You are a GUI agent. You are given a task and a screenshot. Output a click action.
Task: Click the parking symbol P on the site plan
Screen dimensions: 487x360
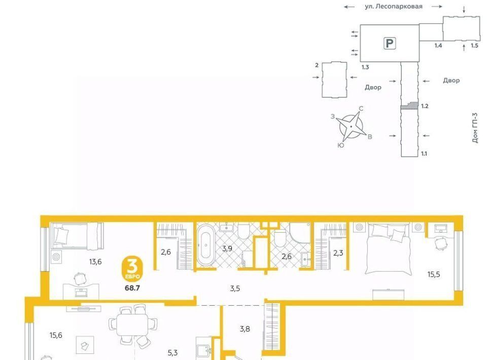click(390, 43)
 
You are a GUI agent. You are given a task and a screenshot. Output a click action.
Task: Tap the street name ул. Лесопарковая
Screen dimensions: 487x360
click(394, 6)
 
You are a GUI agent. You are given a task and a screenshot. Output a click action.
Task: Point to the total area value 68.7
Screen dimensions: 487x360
click(132, 288)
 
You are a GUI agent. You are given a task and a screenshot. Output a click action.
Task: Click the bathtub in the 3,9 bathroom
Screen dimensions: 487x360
click(205, 245)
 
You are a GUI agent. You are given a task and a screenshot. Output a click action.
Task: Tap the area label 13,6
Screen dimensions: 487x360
click(95, 262)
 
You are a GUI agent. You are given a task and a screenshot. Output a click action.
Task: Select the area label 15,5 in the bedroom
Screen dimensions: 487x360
click(434, 274)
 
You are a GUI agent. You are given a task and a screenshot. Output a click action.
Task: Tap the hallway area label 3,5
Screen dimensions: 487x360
click(235, 289)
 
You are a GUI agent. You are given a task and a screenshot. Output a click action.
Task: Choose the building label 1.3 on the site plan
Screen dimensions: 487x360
click(365, 67)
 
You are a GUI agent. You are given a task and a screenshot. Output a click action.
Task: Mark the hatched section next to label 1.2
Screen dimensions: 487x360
click(409, 106)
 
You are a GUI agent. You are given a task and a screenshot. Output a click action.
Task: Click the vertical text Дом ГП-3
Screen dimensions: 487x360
click(475, 128)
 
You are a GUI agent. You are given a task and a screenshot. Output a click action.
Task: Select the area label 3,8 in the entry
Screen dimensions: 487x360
click(245, 329)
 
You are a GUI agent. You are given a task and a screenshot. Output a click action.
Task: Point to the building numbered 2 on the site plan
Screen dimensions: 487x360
click(334, 80)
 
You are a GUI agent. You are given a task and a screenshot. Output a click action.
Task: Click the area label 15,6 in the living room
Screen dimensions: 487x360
click(56, 335)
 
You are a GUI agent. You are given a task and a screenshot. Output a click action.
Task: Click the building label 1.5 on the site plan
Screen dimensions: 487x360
click(474, 46)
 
